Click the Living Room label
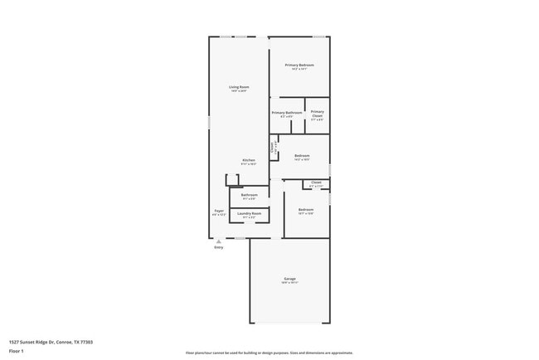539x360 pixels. (239, 88)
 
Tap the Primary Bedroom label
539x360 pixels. (299, 66)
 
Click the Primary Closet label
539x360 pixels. (317, 114)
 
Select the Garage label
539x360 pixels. (289, 280)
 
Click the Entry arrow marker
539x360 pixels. (219, 241)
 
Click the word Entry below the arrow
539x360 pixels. (219, 247)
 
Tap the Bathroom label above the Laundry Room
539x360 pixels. (249, 196)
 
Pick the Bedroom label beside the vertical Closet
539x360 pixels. (301, 156)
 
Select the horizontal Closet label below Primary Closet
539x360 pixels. (315, 183)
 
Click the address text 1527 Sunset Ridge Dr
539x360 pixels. (51, 342)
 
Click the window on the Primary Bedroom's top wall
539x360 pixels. (318, 36)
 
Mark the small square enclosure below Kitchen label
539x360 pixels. (232, 180)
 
